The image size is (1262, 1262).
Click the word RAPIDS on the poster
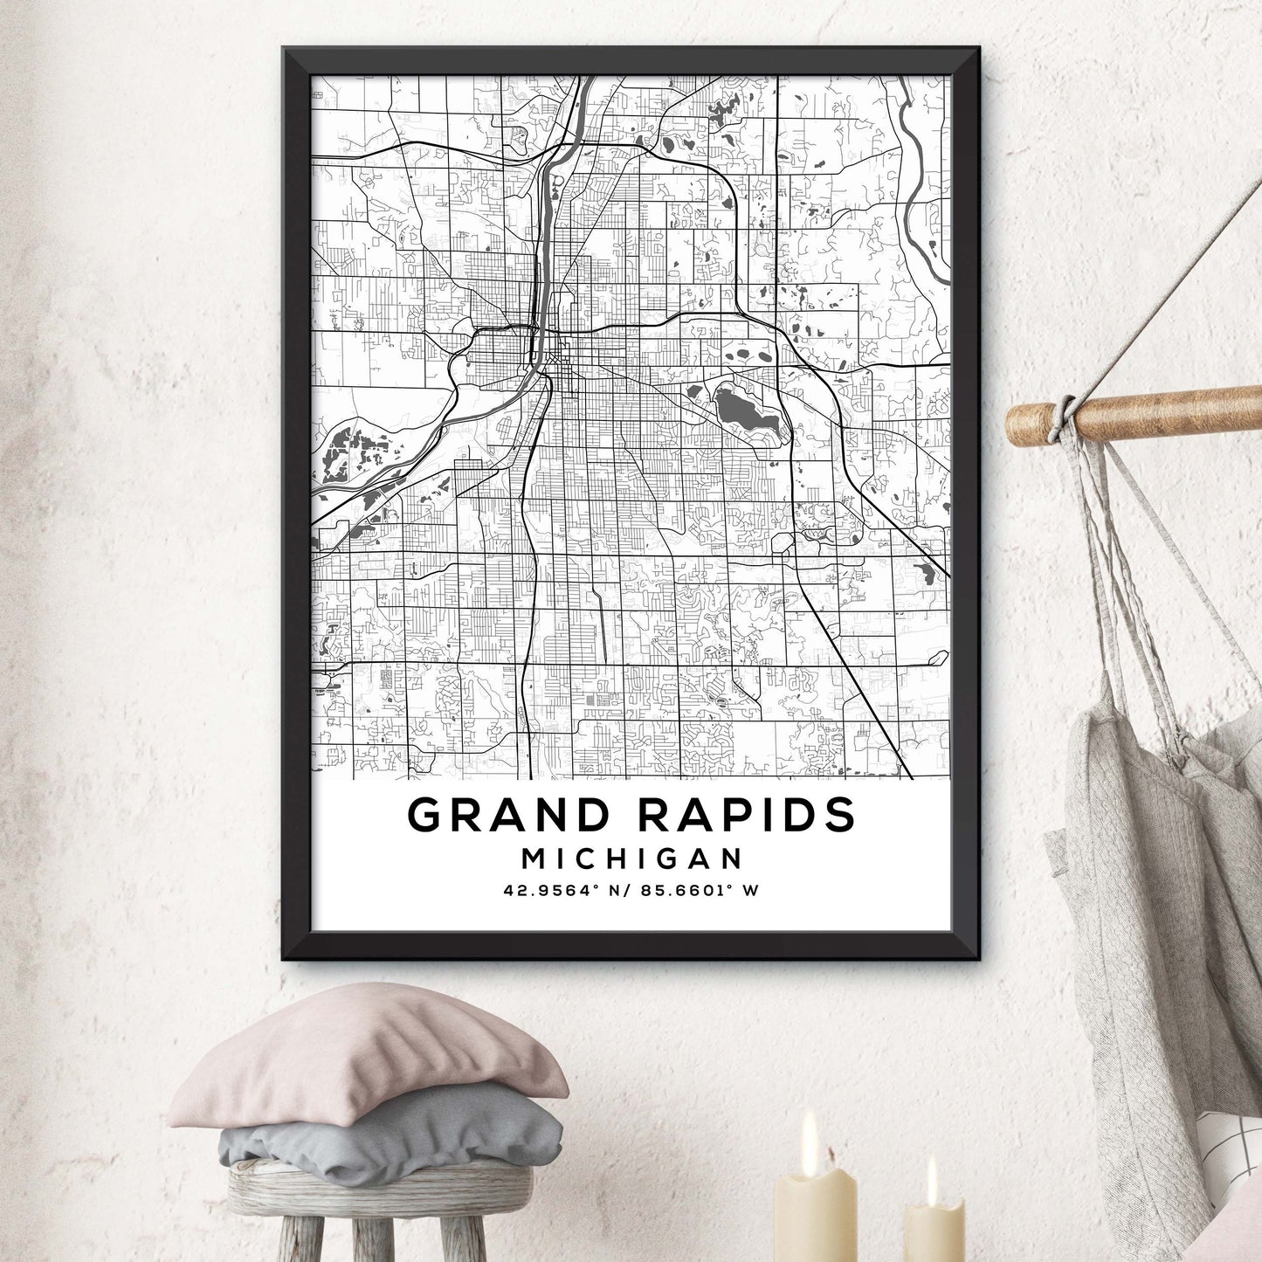[x=747, y=815]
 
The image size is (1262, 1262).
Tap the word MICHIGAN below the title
[x=631, y=859]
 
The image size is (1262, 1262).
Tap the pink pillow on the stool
[x=367, y=1057]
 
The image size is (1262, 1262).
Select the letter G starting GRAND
[x=425, y=815]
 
